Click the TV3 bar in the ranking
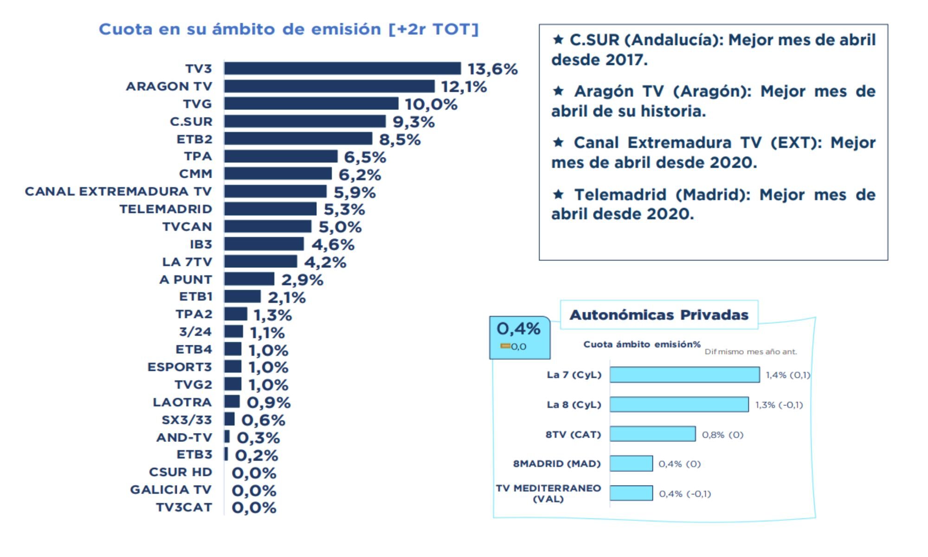tap(342, 69)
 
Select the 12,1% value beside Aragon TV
tap(464, 87)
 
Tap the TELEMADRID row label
tap(166, 209)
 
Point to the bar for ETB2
tap(298, 139)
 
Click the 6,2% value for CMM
tap(360, 175)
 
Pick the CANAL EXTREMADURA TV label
tap(118, 192)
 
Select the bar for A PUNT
tap(249, 279)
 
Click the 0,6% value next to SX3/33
tap(263, 421)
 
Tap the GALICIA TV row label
tap(171, 490)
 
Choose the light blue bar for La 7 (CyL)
tap(684, 375)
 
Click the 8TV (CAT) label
tap(573, 435)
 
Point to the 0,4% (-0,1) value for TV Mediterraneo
tap(685, 494)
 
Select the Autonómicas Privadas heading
tap(659, 315)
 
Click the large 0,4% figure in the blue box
tap(518, 329)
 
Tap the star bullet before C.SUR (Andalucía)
tap(558, 39)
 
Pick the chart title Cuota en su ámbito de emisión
tap(288, 29)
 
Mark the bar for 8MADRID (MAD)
tap(631, 464)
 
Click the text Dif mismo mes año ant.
tap(750, 352)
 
